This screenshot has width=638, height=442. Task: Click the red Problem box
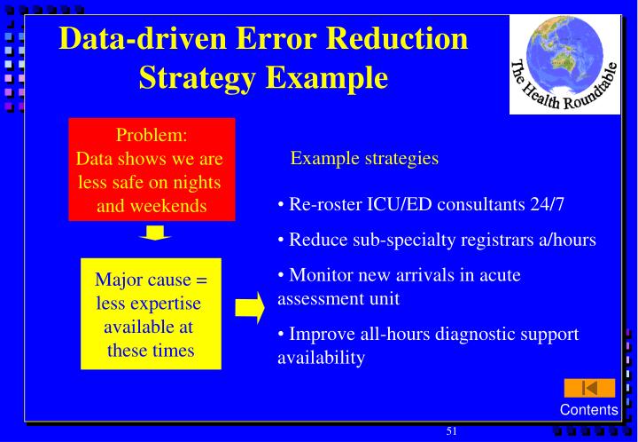click(152, 170)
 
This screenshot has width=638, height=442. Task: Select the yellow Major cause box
click(151, 314)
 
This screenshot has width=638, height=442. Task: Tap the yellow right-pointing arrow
click(249, 306)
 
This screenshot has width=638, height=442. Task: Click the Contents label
click(588, 409)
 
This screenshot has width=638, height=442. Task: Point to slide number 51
click(451, 431)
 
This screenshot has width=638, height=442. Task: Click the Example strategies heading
click(364, 158)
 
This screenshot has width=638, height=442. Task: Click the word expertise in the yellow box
click(163, 304)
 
